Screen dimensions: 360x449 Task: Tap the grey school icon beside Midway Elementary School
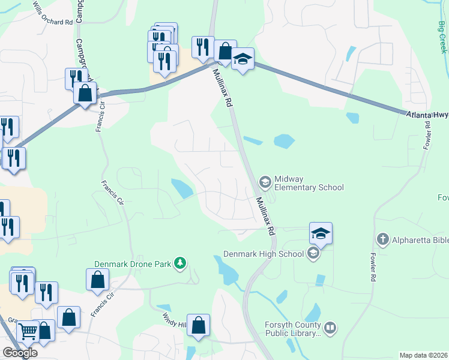(264, 181)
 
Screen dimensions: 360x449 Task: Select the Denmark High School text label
(264, 254)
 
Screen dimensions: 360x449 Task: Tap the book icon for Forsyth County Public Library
(330, 328)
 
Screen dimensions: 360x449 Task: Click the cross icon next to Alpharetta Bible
(382, 240)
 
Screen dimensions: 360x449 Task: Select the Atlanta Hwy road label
(427, 116)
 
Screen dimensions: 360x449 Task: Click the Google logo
(20, 353)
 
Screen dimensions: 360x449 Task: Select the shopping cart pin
(27, 331)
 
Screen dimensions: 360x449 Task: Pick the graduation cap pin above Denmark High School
(321, 233)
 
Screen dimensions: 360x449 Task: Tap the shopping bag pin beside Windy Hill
(198, 325)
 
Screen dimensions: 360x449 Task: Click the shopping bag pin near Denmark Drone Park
(97, 280)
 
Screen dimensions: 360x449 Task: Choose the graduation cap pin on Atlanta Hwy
(243, 59)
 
